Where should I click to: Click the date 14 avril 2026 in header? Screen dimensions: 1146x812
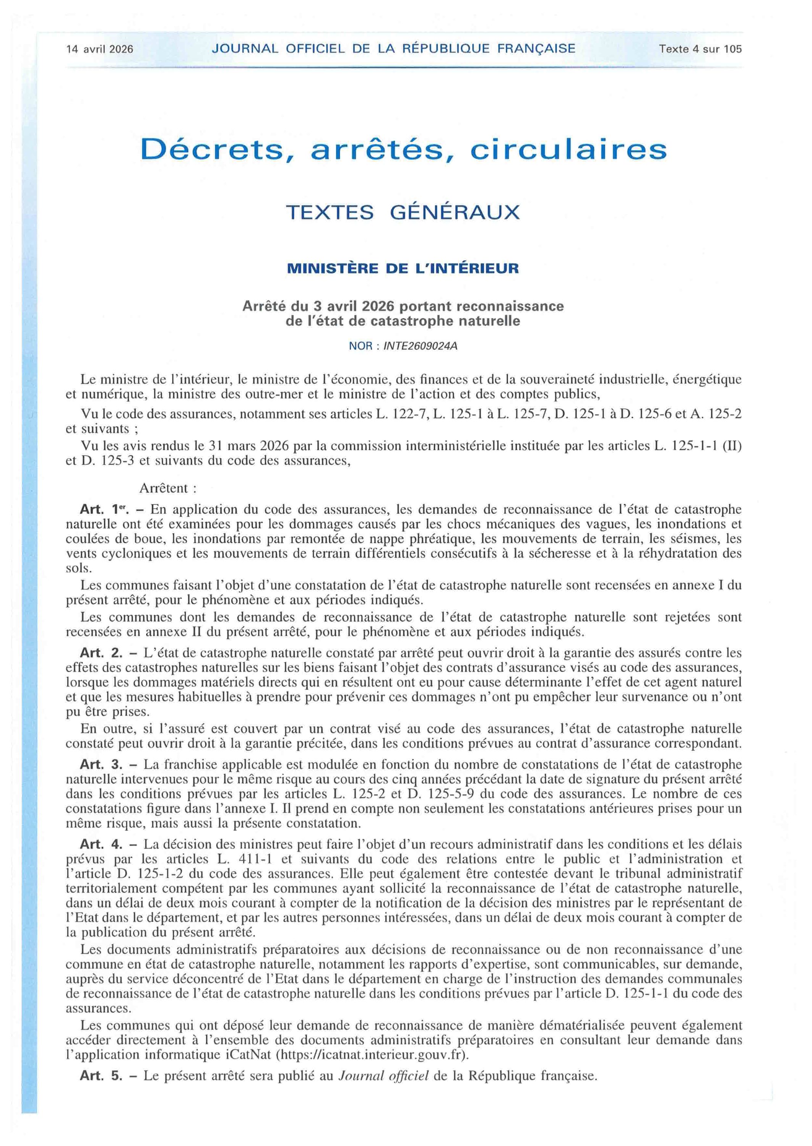[x=100, y=49]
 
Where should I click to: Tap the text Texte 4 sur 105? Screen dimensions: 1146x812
[x=700, y=49]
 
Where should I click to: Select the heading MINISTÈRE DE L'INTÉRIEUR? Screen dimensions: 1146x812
[x=403, y=269]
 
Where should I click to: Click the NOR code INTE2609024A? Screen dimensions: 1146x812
[x=420, y=346]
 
